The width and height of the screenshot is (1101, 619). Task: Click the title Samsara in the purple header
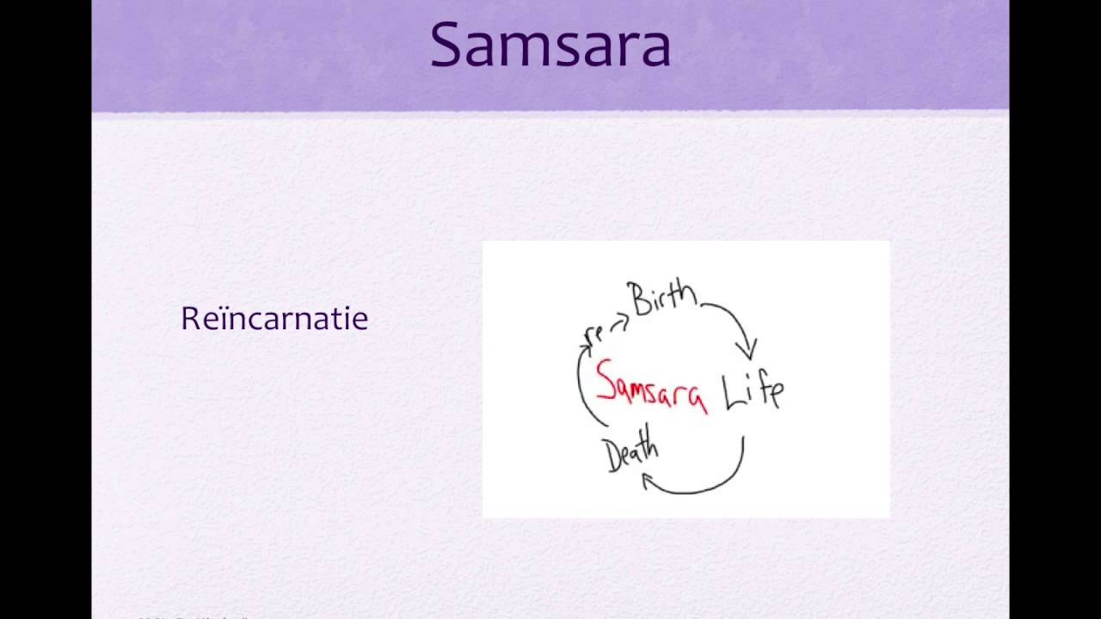click(550, 45)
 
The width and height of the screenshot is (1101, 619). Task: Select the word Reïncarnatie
click(274, 319)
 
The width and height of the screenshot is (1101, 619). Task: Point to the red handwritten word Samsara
click(651, 387)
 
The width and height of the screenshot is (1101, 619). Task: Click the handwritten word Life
click(752, 391)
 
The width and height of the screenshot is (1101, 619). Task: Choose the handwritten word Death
click(631, 453)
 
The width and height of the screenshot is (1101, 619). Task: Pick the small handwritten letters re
click(594, 334)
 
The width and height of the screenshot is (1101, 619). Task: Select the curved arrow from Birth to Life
click(735, 318)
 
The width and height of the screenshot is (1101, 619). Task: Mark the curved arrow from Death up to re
click(581, 387)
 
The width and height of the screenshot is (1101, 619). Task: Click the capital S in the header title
click(449, 45)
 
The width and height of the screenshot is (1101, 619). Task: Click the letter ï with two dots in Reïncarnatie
click(217, 319)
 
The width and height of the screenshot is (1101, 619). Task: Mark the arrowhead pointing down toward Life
click(747, 349)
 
